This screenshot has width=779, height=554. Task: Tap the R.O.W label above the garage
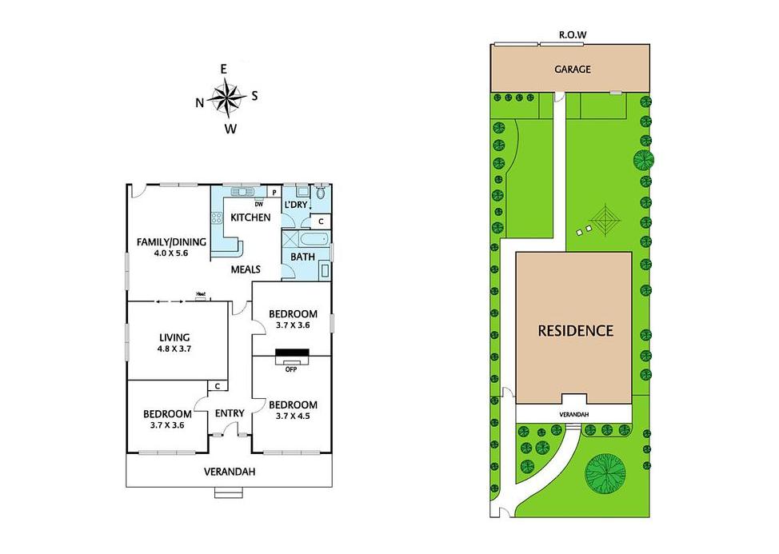point(573,34)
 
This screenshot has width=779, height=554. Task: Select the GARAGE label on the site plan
point(573,69)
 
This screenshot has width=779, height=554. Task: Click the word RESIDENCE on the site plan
point(576,331)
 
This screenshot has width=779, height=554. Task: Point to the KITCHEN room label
point(250,217)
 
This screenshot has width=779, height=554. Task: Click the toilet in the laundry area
point(321,192)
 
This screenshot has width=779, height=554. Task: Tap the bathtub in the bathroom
point(314,239)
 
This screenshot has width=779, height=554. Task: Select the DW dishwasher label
point(259,204)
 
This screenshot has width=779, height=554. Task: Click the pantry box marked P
point(274,192)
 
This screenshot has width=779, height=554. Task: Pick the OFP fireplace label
point(291,369)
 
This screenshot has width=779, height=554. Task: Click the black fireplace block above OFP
point(292,353)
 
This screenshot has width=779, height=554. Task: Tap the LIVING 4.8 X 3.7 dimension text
point(174,349)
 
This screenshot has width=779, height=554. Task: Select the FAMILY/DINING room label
point(171,242)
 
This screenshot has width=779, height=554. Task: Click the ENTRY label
point(230,413)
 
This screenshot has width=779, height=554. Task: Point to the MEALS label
point(246,269)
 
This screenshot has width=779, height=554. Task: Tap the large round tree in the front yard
point(605,471)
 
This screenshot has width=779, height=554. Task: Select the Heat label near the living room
point(201,294)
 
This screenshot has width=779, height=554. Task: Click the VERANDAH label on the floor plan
point(230,472)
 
